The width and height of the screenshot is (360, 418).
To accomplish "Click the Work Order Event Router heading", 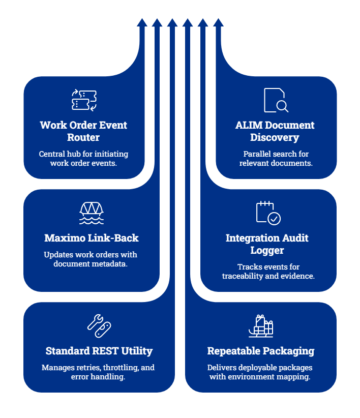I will click(x=83, y=131).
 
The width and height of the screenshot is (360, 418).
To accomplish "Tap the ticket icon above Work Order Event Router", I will click(x=84, y=100).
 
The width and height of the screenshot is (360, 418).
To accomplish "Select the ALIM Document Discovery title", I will click(x=275, y=131).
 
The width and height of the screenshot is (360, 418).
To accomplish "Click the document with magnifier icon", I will click(x=276, y=100).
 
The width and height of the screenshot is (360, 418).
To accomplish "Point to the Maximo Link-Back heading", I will click(x=92, y=238).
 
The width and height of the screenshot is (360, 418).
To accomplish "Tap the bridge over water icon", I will click(x=92, y=213).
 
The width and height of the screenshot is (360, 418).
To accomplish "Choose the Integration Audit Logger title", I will click(x=267, y=244).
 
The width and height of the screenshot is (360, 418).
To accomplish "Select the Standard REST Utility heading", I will click(x=99, y=351).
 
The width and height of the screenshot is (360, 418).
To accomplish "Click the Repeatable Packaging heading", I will click(x=261, y=351).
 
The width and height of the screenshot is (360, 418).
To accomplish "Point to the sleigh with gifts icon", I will click(x=261, y=325).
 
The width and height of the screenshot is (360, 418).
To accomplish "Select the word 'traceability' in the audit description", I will click(x=242, y=276).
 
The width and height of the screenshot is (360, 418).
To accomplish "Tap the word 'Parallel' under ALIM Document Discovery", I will click(x=255, y=154).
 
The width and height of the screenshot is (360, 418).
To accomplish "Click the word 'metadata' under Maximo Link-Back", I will click(x=113, y=264).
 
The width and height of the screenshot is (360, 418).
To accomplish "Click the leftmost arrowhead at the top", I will click(x=142, y=22).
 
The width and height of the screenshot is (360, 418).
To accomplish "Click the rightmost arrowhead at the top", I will click(x=218, y=22).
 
